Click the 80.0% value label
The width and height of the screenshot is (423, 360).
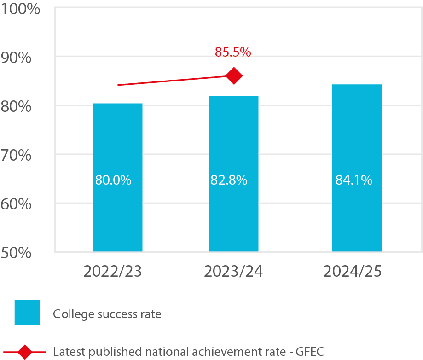pyautogui.click(x=113, y=180)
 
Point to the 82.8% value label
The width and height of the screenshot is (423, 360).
pyautogui.click(x=229, y=180)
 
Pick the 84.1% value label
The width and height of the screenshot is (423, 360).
pyautogui.click(x=353, y=180)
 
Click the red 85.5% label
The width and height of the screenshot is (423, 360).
pyautogui.click(x=233, y=52)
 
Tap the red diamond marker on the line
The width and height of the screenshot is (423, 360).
pyautogui.click(x=234, y=75)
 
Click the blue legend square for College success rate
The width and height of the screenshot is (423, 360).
pyautogui.click(x=27, y=313)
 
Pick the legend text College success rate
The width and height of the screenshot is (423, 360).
pyautogui.click(x=107, y=314)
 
